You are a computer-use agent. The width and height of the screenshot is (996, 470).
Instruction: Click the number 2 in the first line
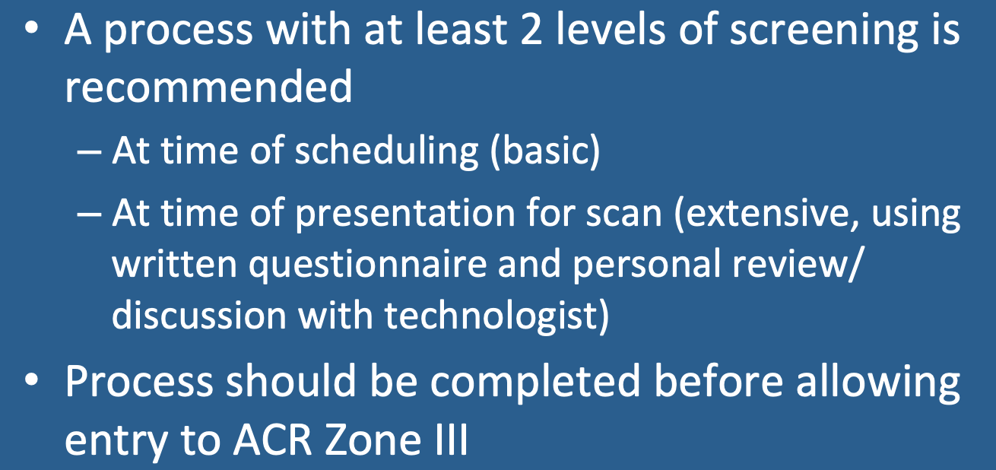(x=531, y=29)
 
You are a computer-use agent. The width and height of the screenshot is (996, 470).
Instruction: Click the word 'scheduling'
(x=386, y=153)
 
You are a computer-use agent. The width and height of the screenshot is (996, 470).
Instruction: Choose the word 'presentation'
(x=404, y=214)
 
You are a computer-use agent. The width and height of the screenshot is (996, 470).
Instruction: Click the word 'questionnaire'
(x=367, y=265)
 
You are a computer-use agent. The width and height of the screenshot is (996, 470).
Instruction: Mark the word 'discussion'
(x=198, y=315)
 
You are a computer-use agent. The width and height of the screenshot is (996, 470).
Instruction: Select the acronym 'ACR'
(x=272, y=440)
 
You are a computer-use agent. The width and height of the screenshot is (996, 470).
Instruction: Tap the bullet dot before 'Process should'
(x=32, y=380)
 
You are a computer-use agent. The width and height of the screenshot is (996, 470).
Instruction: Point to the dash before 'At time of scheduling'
(x=89, y=153)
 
